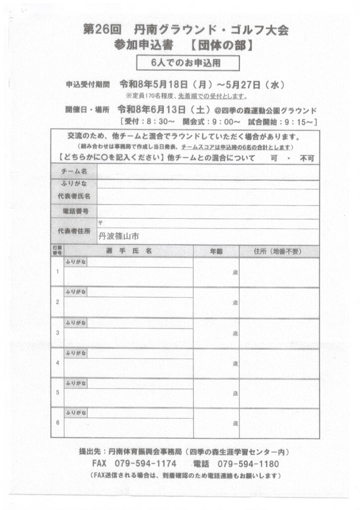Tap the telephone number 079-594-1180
[248, 464]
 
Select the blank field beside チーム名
[208, 171]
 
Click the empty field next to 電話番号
[208, 211]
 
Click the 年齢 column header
[216, 252]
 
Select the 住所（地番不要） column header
[278, 252]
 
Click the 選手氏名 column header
[128, 252]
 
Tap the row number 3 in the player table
[58, 332]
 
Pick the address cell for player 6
[279, 423]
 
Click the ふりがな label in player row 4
[75, 353]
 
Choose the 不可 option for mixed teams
[307, 158]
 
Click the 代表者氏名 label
[74, 196]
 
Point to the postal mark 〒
[101, 223]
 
